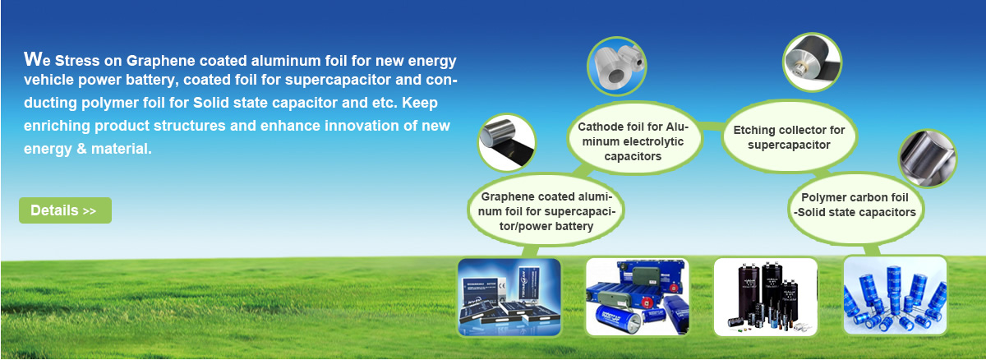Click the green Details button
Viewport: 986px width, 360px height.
[x=65, y=210]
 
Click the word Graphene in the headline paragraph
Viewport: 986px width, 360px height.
[x=160, y=61]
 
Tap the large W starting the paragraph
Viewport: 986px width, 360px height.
[x=34, y=59]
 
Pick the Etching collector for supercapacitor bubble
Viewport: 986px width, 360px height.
[x=789, y=137]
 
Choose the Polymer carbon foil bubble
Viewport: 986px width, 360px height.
[x=855, y=206]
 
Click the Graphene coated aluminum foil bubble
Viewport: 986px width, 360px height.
[x=546, y=210]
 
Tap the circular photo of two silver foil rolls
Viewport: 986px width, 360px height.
[x=617, y=67]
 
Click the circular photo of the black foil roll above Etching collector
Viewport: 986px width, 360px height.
[x=813, y=62]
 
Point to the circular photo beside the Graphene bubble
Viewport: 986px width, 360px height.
[x=507, y=142]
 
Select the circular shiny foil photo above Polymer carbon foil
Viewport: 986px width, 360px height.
[x=928, y=159]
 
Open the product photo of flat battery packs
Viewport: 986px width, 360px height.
[x=509, y=297]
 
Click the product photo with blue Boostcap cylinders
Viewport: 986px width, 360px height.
[x=637, y=297]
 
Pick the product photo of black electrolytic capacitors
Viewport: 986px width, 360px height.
[x=766, y=297]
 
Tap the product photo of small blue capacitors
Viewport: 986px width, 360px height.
[x=895, y=296]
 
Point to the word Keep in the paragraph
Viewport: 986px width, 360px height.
[x=420, y=103]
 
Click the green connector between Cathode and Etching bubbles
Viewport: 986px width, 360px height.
[x=712, y=127]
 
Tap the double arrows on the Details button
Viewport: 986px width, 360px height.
[x=90, y=211]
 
